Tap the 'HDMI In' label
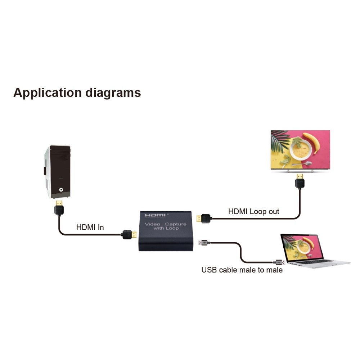(x=90, y=228)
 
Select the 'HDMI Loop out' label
(x=253, y=211)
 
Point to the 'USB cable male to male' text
(x=242, y=270)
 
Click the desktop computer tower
(x=58, y=171)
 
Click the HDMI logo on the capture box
(x=156, y=215)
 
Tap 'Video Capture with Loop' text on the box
(x=166, y=226)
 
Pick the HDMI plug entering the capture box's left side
(x=129, y=235)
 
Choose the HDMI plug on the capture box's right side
(x=203, y=218)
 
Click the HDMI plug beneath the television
(x=300, y=181)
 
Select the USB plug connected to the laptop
(x=280, y=262)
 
